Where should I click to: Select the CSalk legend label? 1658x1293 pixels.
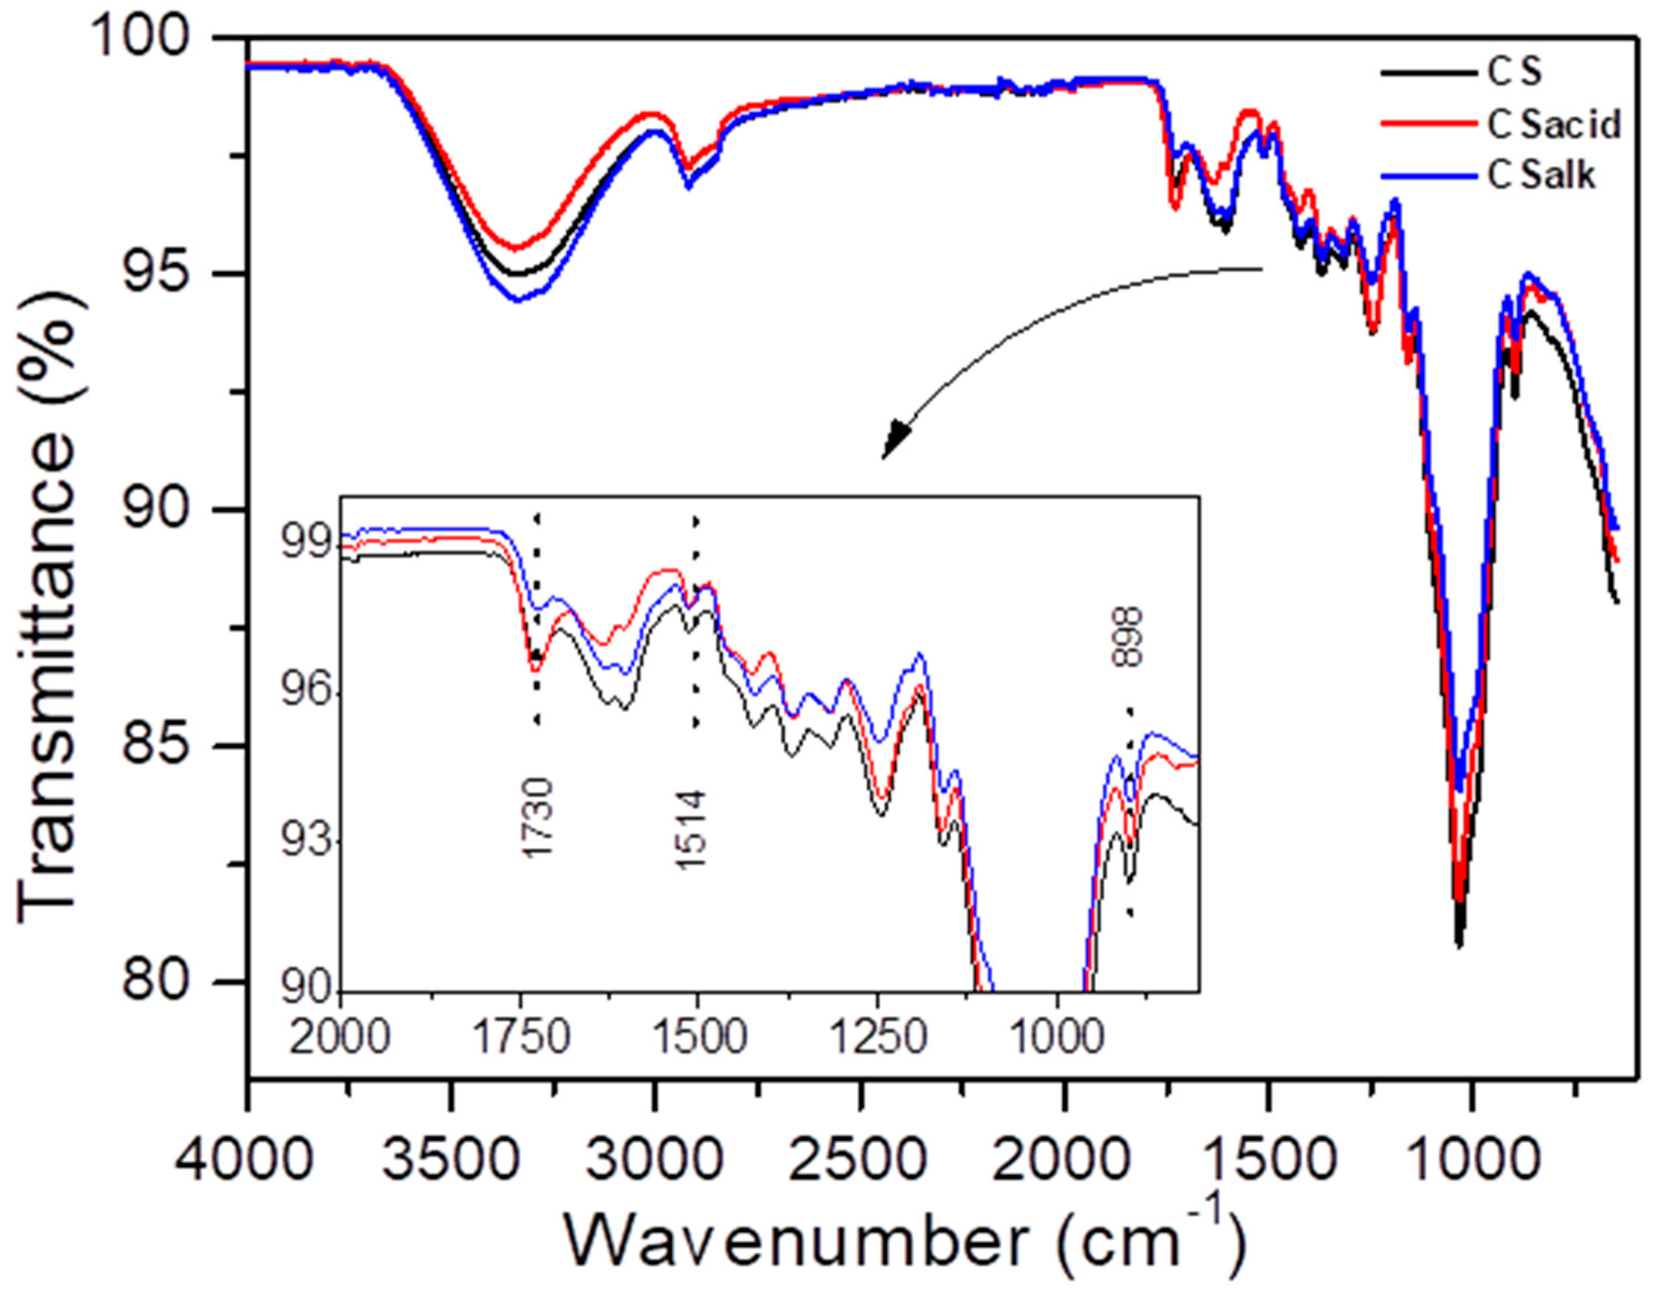pyautogui.click(x=1541, y=175)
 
